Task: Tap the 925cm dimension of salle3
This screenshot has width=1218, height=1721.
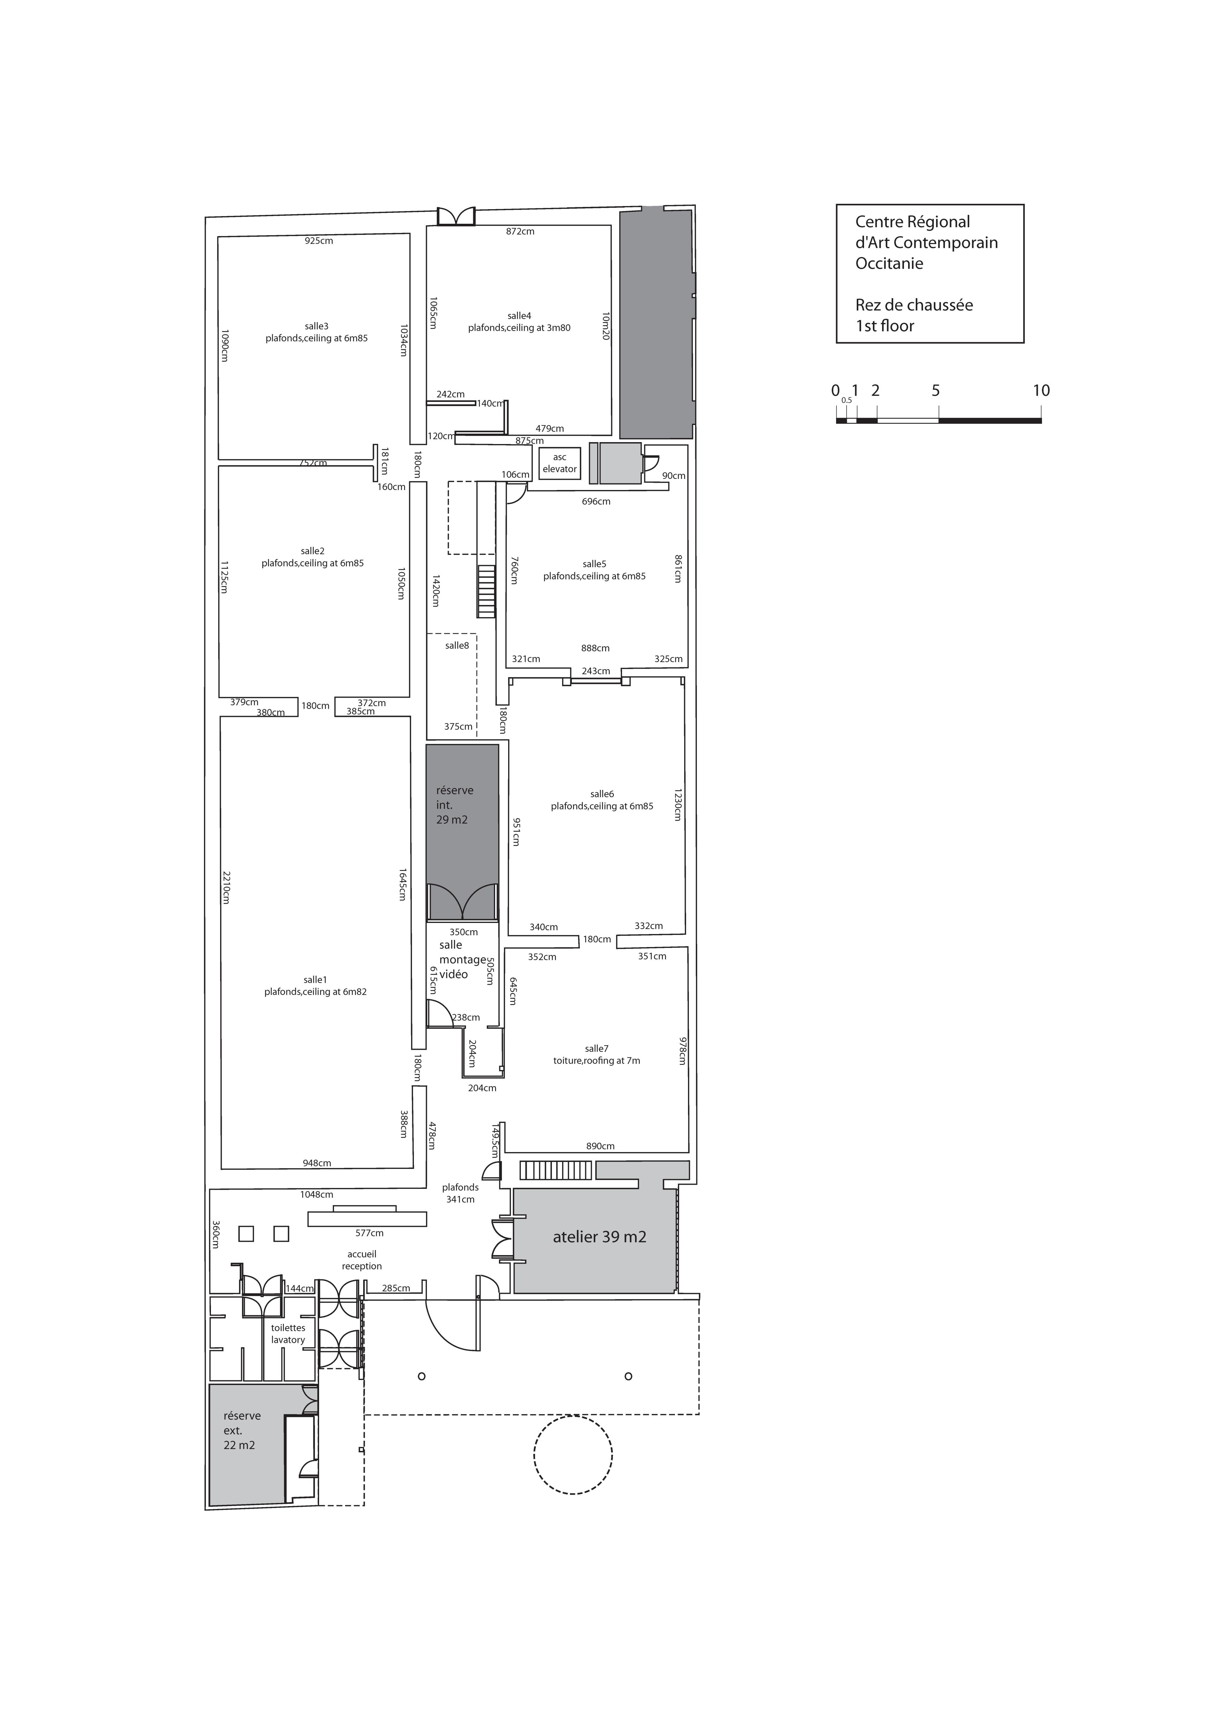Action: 319,241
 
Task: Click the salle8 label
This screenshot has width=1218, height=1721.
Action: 457,645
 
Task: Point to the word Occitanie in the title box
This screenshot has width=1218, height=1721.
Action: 889,263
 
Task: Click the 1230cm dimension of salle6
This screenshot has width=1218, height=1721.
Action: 677,804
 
